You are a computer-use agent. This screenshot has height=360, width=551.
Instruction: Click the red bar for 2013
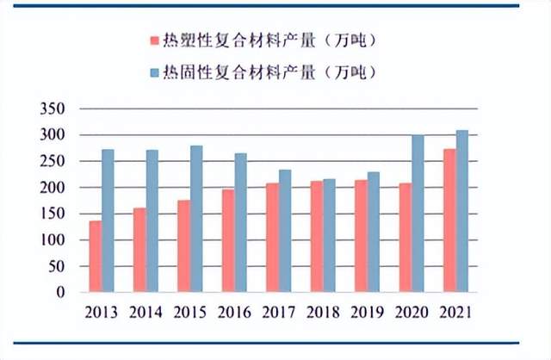(x=95, y=257)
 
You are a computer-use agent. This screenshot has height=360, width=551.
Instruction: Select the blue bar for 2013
(x=108, y=220)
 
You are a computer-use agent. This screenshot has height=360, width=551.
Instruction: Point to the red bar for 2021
(x=449, y=220)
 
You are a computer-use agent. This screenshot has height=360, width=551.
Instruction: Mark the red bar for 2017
(x=272, y=237)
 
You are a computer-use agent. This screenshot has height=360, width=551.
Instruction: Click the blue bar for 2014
(x=152, y=220)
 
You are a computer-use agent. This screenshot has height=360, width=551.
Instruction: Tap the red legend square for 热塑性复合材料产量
(x=154, y=40)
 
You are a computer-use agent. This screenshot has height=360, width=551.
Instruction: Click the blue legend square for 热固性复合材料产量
(x=154, y=70)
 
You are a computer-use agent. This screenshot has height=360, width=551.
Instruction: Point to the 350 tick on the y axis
(x=53, y=109)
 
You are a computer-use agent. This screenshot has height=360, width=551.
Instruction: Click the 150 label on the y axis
(x=53, y=214)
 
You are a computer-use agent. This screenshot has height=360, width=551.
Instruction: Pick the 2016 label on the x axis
(x=234, y=310)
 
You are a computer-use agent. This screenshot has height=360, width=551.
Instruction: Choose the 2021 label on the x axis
(x=455, y=310)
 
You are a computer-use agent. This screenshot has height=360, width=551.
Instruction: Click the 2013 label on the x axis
(x=102, y=310)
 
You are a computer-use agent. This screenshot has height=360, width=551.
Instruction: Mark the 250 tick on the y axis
(x=53, y=161)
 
